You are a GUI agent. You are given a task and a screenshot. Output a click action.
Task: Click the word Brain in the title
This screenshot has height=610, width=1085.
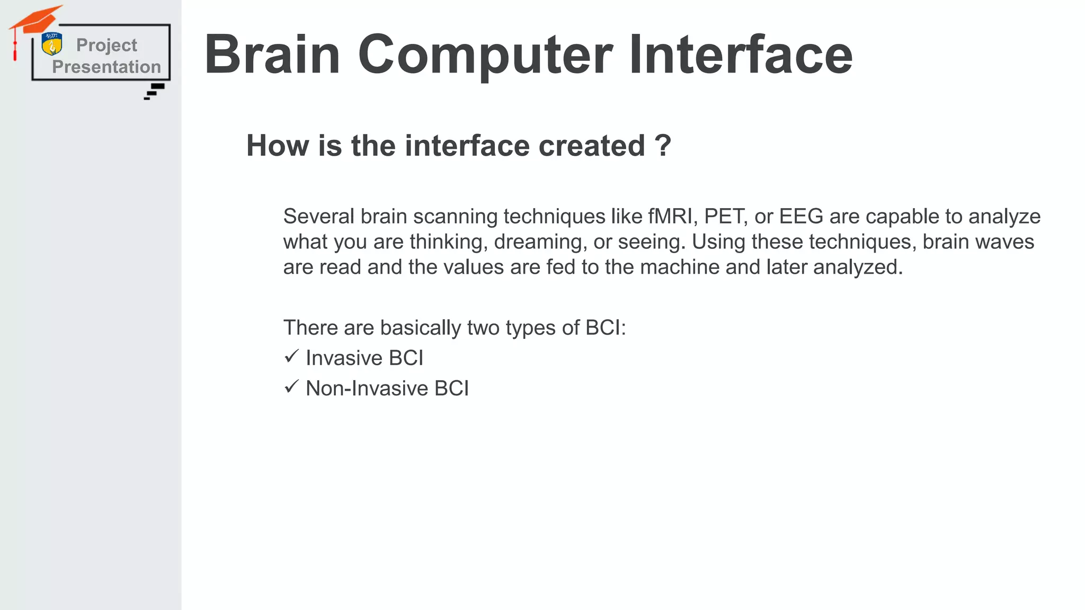pyautogui.click(x=272, y=55)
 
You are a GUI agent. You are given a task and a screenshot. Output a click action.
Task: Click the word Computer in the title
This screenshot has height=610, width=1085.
pyautogui.click(x=485, y=55)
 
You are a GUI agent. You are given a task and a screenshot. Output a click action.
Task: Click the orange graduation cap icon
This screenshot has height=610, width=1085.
pyautogui.click(x=35, y=21)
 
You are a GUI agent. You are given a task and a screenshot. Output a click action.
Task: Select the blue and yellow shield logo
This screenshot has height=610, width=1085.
pyautogui.click(x=52, y=44)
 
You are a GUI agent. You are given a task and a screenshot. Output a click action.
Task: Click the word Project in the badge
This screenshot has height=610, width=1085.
pyautogui.click(x=106, y=46)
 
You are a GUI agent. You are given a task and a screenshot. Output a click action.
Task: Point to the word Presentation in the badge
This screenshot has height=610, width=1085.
pyautogui.click(x=106, y=67)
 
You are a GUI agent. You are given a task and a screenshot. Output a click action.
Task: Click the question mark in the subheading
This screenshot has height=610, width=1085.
pyautogui.click(x=663, y=146)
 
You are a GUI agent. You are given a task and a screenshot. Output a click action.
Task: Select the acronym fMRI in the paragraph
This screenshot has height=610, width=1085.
pyautogui.click(x=670, y=217)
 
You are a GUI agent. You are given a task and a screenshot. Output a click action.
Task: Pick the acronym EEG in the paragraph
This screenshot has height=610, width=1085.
pyautogui.click(x=801, y=217)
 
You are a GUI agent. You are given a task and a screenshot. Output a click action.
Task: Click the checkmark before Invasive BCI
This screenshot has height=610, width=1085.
pyautogui.click(x=291, y=356)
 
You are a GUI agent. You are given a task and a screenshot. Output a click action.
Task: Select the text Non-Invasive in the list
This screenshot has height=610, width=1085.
pyautogui.click(x=367, y=389)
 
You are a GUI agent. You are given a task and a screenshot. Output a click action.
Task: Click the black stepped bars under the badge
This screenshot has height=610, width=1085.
pyautogui.click(x=155, y=91)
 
